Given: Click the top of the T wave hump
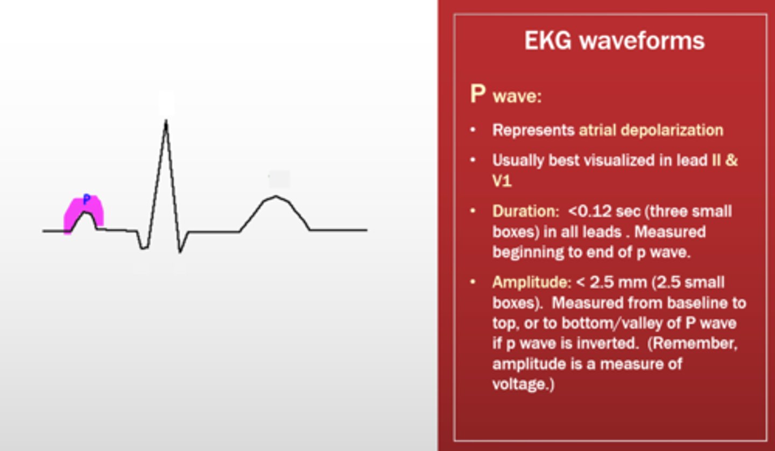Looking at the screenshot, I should pyautogui.click(x=276, y=196).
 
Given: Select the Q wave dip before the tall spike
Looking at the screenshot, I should pyautogui.click(x=144, y=248).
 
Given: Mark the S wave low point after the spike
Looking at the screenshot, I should pyautogui.click(x=180, y=251).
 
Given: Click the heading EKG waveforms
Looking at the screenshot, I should pyautogui.click(x=614, y=41).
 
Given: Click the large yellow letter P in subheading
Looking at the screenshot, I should pyautogui.click(x=478, y=94).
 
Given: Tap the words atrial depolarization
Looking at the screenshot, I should pyautogui.click(x=651, y=130).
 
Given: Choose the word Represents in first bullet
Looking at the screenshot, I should pyautogui.click(x=533, y=130).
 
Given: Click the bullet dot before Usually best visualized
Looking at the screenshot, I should pyautogui.click(x=473, y=160).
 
